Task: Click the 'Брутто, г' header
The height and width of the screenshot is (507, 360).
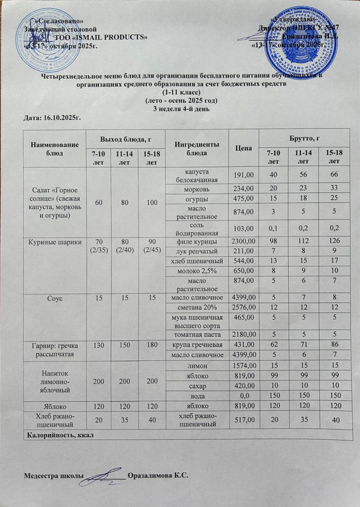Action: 304,138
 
